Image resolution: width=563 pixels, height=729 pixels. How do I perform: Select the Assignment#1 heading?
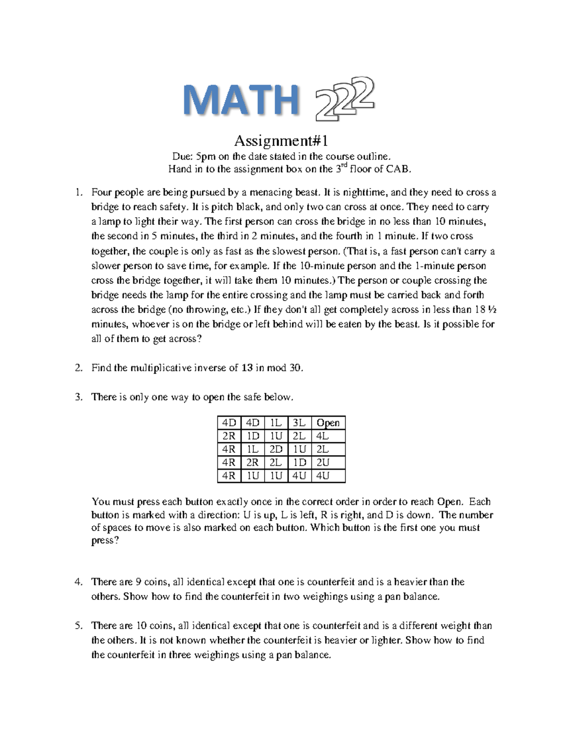pos(281,140)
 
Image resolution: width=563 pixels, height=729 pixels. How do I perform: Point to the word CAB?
pos(400,169)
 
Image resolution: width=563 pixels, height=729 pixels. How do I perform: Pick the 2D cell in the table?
pos(276,449)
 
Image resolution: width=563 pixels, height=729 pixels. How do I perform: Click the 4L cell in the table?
pos(323,436)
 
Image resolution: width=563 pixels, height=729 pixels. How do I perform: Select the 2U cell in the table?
pos(323,462)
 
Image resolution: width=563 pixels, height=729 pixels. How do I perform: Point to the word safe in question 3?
pos(252,397)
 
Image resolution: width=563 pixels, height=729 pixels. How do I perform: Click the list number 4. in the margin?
pos(79,582)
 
